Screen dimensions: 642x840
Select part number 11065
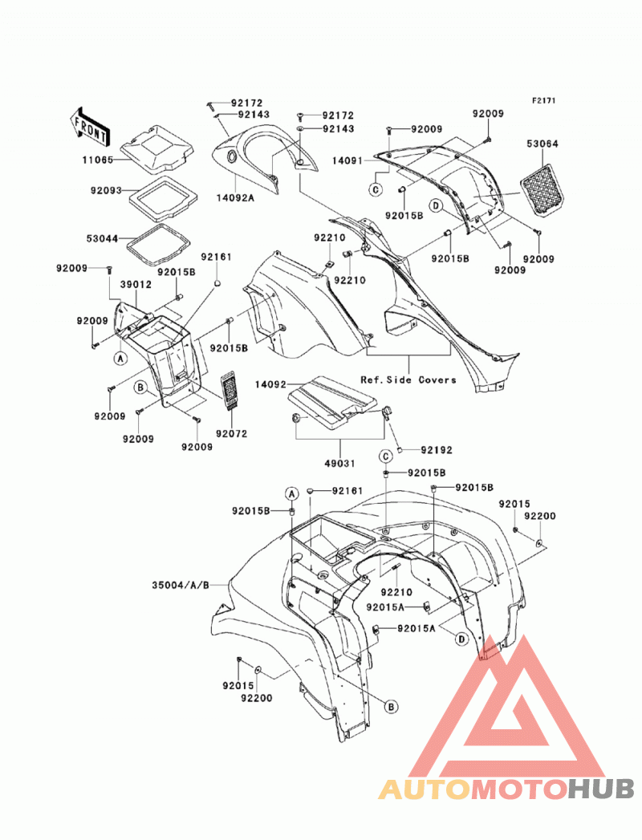(98, 160)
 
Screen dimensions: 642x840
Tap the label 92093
(106, 190)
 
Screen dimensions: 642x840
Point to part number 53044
(103, 238)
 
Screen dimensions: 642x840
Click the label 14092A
(235, 197)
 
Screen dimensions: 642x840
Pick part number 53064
(542, 144)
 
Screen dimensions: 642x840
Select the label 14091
(347, 160)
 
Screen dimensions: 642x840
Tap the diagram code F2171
(543, 100)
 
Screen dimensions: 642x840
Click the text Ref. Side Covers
(408, 379)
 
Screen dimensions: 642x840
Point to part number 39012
(136, 285)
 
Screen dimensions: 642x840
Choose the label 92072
(231, 433)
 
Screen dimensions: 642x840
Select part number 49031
(340, 464)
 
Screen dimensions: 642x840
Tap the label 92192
(437, 450)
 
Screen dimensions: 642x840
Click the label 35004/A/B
(181, 585)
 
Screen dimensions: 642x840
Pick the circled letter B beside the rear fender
(392, 707)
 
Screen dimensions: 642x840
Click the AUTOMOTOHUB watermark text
(506, 789)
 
